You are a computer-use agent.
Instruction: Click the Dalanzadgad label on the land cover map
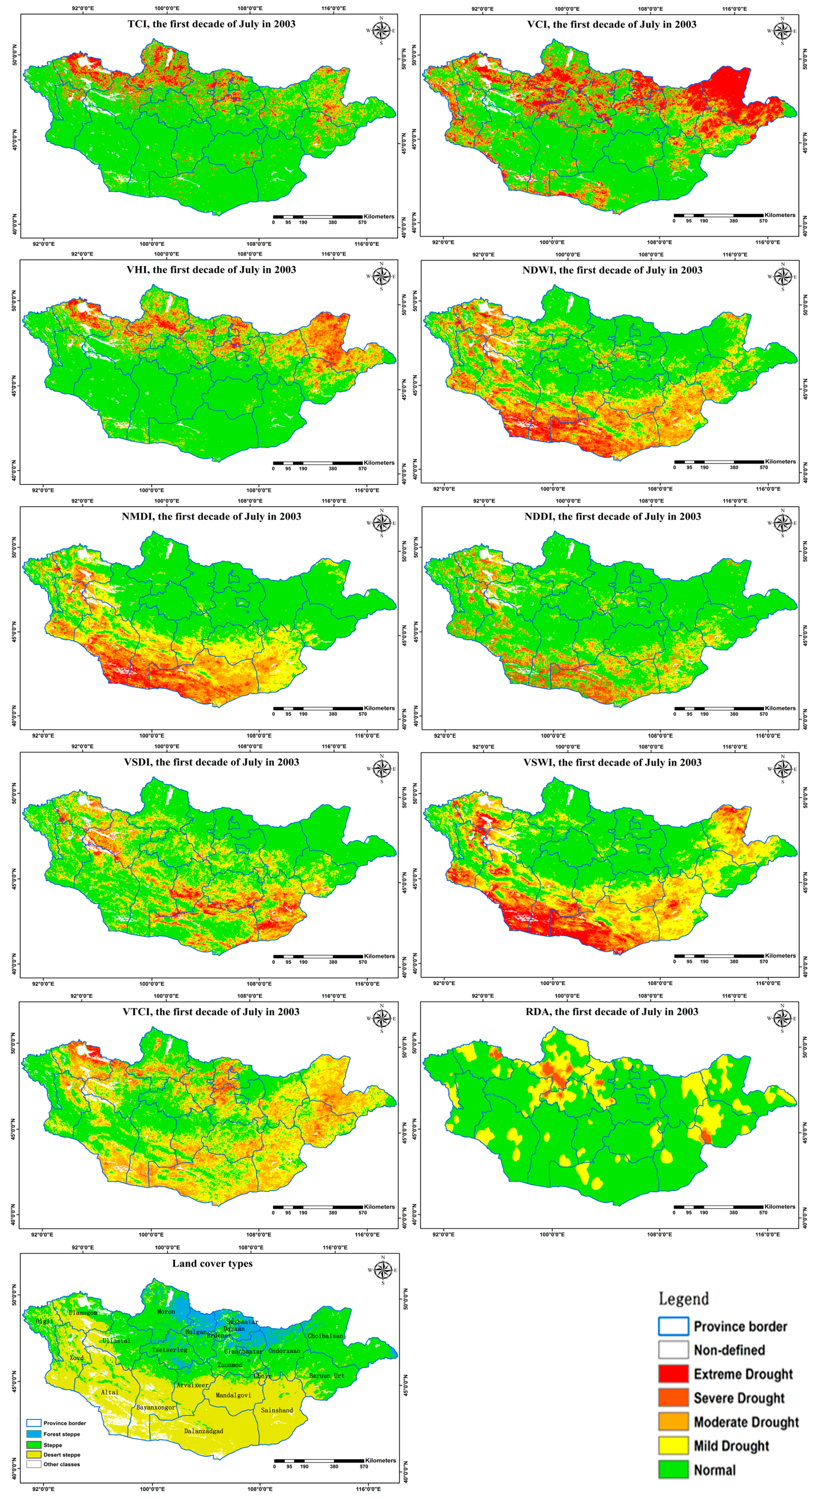(x=203, y=1430)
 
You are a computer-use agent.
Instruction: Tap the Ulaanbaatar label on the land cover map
(x=243, y=1351)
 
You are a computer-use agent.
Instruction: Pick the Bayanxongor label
(x=155, y=1407)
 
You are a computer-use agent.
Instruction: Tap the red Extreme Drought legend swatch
(x=673, y=1374)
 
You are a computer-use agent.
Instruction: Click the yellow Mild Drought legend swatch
(x=673, y=1445)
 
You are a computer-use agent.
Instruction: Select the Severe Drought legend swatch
(x=673, y=1397)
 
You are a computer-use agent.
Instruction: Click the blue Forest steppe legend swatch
(x=34, y=1434)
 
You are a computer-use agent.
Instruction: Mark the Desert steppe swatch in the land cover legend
(x=34, y=1454)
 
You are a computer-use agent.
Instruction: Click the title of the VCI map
(x=612, y=24)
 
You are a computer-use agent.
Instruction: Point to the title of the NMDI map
(x=211, y=517)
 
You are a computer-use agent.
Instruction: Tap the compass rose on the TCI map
(x=382, y=30)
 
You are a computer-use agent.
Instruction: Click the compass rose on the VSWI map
(x=783, y=769)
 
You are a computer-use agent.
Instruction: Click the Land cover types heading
(x=212, y=1264)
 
